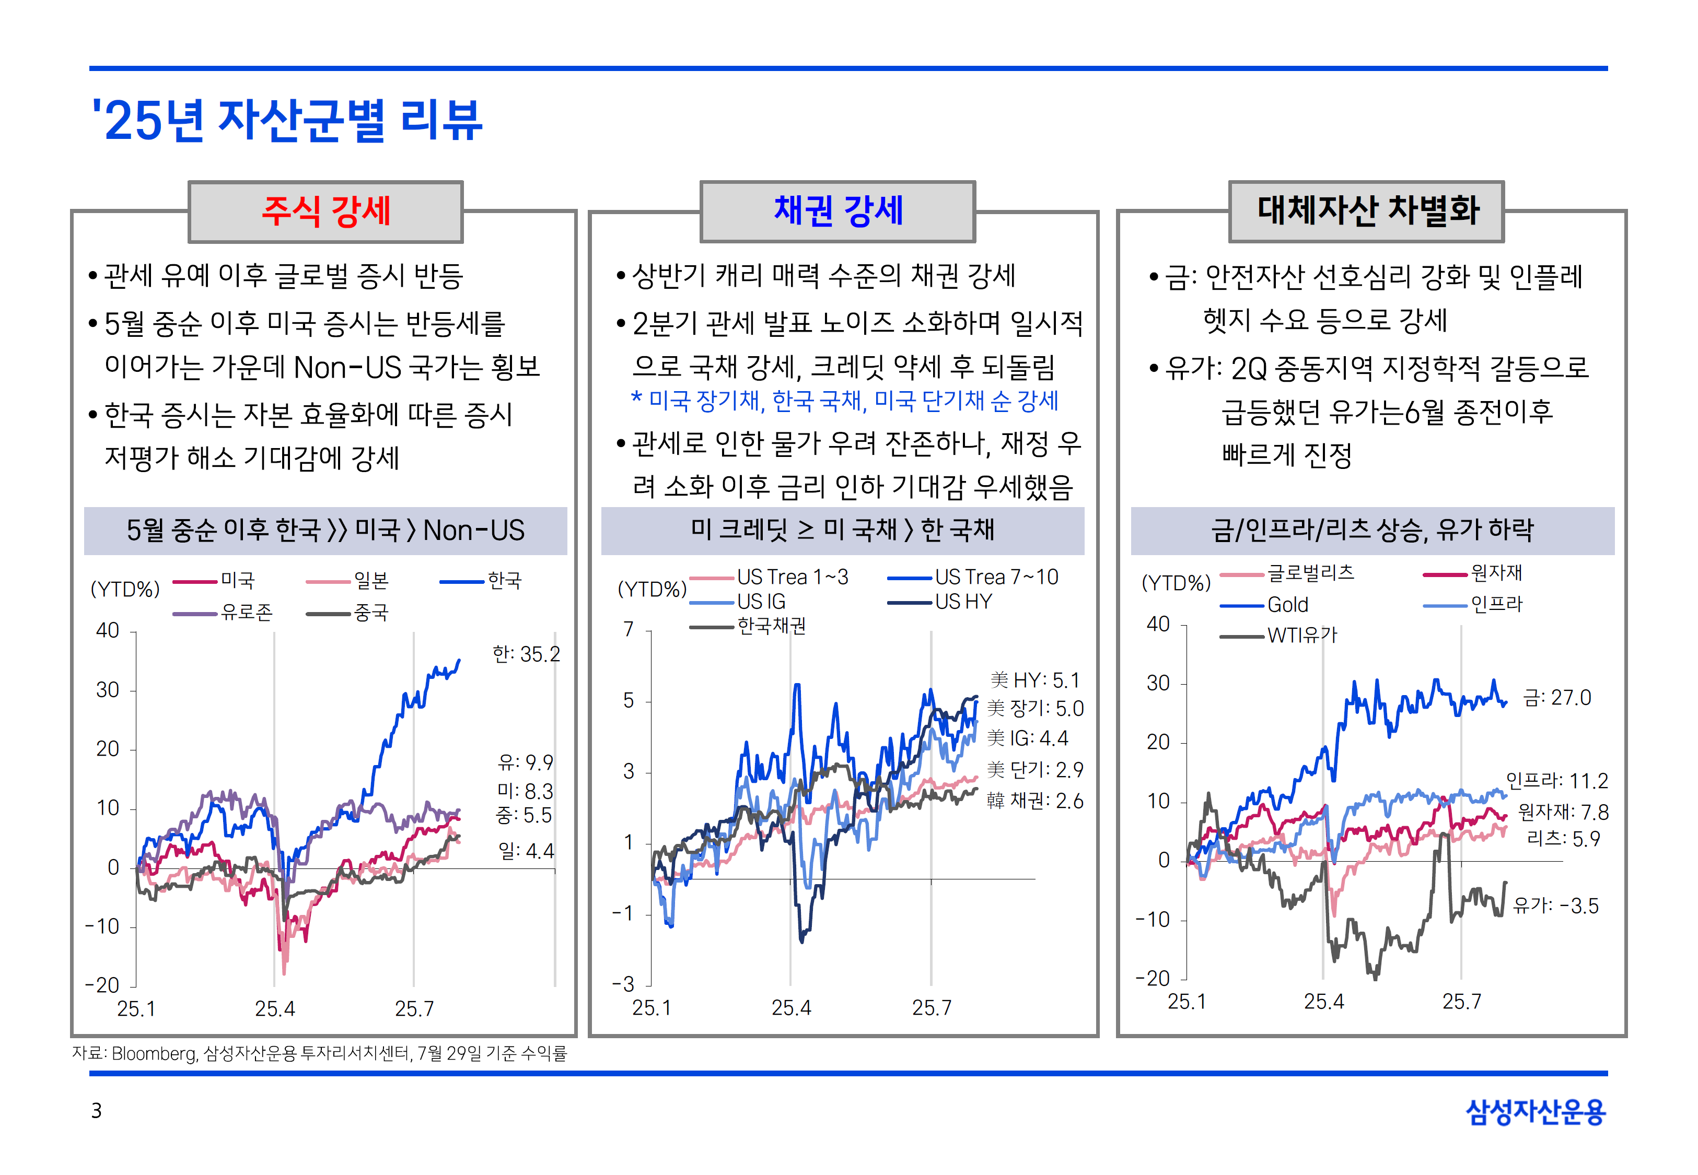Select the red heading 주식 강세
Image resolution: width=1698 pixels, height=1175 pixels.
[x=325, y=211]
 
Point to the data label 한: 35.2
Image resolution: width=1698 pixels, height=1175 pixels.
[x=526, y=654]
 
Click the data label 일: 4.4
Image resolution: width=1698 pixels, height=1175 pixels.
[x=526, y=851]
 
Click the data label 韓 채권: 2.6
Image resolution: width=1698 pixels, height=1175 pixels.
[x=1034, y=801]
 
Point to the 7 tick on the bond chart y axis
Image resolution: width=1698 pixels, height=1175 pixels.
[x=628, y=629]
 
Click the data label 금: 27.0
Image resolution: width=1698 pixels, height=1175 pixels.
[x=1556, y=697]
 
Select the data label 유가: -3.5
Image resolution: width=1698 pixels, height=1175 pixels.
[x=1555, y=906]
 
